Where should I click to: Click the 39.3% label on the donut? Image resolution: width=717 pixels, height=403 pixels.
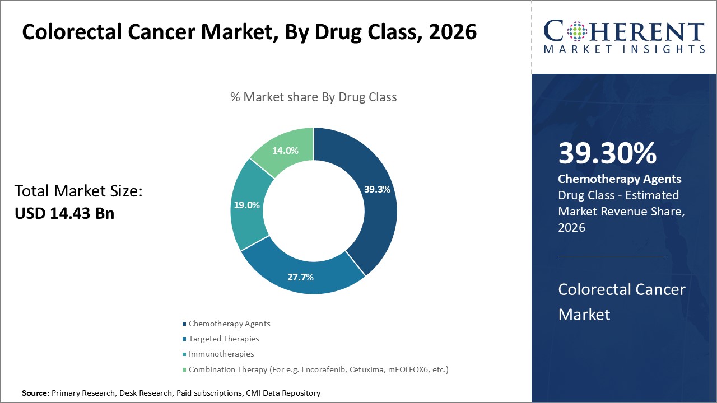[377, 189]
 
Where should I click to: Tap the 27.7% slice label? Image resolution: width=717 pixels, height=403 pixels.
[300, 277]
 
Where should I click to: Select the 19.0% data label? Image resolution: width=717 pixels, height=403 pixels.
[246, 205]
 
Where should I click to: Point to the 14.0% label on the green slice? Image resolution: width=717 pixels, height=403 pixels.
[285, 151]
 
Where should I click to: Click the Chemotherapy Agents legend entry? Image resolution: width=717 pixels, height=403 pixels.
[229, 324]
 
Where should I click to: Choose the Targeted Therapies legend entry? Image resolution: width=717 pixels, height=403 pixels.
[224, 339]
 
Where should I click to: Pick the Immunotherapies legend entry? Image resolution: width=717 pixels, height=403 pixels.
[221, 354]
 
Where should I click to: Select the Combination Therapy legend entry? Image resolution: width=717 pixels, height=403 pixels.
[318, 369]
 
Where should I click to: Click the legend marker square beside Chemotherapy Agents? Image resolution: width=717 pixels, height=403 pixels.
[185, 324]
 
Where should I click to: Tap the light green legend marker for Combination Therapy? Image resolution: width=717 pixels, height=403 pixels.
[185, 370]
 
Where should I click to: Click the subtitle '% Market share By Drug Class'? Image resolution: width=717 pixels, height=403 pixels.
[313, 97]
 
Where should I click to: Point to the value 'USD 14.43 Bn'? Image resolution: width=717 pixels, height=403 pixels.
[64, 213]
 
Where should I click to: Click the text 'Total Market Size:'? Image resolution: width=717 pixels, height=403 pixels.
[78, 191]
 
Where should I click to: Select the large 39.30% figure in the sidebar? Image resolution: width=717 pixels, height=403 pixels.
[607, 153]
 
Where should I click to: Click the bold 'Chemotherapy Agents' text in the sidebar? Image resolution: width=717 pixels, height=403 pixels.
[620, 179]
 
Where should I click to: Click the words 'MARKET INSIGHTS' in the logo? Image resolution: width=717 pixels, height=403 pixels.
[624, 49]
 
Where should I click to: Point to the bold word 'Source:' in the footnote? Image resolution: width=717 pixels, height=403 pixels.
[35, 393]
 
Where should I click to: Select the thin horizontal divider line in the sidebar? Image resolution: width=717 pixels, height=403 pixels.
[611, 257]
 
